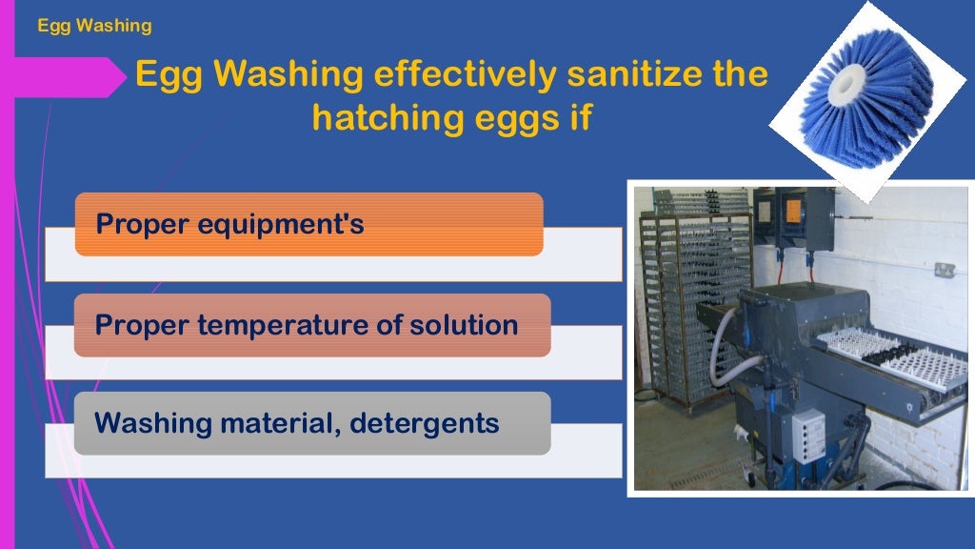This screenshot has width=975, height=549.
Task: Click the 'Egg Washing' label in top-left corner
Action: point(94,26)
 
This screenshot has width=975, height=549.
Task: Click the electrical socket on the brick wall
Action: point(944,271)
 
